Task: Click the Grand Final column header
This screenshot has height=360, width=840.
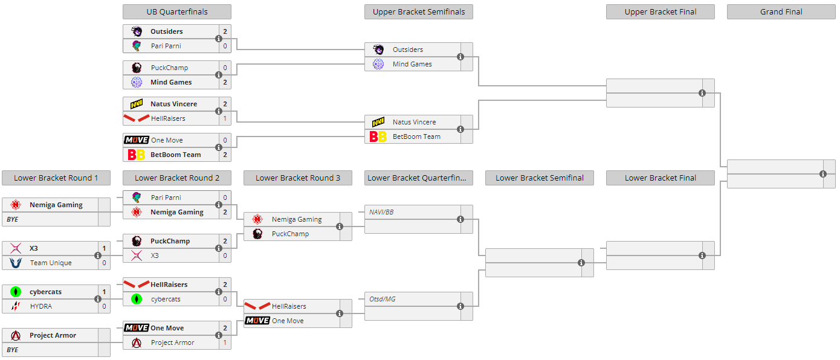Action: (781, 12)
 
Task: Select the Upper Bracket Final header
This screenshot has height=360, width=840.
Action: (660, 12)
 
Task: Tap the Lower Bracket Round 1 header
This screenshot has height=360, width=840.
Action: (56, 178)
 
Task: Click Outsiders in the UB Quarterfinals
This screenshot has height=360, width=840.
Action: (167, 31)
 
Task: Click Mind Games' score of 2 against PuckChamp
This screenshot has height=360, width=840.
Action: (225, 82)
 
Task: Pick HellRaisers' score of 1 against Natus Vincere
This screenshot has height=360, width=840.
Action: (225, 118)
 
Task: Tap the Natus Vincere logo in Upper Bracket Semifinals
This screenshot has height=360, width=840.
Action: (378, 122)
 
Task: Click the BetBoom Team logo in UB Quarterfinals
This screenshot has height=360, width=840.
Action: (136, 155)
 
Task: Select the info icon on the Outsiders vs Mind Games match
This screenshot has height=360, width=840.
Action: (460, 57)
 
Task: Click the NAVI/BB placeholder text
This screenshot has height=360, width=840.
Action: (382, 212)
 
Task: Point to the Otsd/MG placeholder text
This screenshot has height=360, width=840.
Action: (383, 299)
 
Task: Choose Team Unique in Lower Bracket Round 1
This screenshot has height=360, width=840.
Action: (51, 263)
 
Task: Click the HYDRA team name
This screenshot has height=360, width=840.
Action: (41, 306)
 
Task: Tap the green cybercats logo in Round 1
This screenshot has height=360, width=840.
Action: (16, 292)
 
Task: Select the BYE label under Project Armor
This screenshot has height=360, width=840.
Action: (13, 350)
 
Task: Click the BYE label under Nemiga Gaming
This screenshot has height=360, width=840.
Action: (13, 219)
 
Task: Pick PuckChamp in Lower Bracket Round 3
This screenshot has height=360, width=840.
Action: (290, 234)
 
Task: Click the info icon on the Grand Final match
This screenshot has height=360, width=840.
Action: (823, 174)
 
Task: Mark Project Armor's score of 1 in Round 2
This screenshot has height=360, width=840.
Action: (225, 342)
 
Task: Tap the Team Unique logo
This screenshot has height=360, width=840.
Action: (16, 263)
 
